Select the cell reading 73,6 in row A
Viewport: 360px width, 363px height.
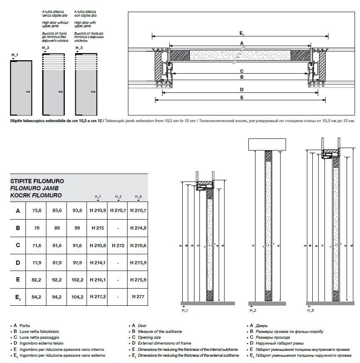(x=36, y=211)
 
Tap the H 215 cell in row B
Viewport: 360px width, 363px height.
(x=97, y=228)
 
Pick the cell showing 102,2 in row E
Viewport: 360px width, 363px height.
(x=77, y=279)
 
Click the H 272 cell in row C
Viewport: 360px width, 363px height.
(x=118, y=245)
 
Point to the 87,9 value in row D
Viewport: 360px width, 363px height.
(x=57, y=262)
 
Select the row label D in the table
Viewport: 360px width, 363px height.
(x=18, y=262)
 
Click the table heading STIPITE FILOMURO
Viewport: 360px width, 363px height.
(x=37, y=182)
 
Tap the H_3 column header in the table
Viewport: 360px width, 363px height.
(x=138, y=197)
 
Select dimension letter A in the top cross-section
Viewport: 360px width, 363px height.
(x=242, y=43)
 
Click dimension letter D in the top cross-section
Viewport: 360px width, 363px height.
(x=242, y=89)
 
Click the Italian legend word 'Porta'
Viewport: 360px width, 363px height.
(x=25, y=325)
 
